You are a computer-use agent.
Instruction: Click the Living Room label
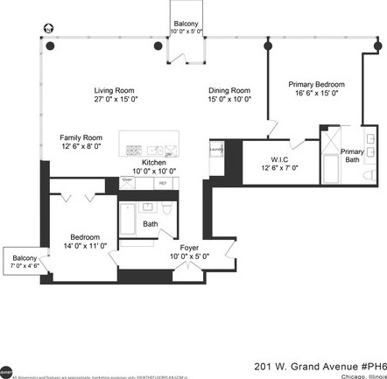[x=115, y=90]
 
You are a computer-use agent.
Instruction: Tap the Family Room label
[x=81, y=137]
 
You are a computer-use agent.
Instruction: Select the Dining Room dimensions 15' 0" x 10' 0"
[x=229, y=100]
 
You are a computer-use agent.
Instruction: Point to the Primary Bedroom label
[x=313, y=84]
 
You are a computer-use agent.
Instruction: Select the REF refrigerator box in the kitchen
[x=162, y=183]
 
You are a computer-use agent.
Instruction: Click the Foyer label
[x=189, y=248]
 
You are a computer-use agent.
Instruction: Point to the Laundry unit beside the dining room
[x=217, y=151]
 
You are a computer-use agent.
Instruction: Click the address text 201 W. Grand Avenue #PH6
[x=318, y=343]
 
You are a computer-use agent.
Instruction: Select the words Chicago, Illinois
[x=358, y=356]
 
